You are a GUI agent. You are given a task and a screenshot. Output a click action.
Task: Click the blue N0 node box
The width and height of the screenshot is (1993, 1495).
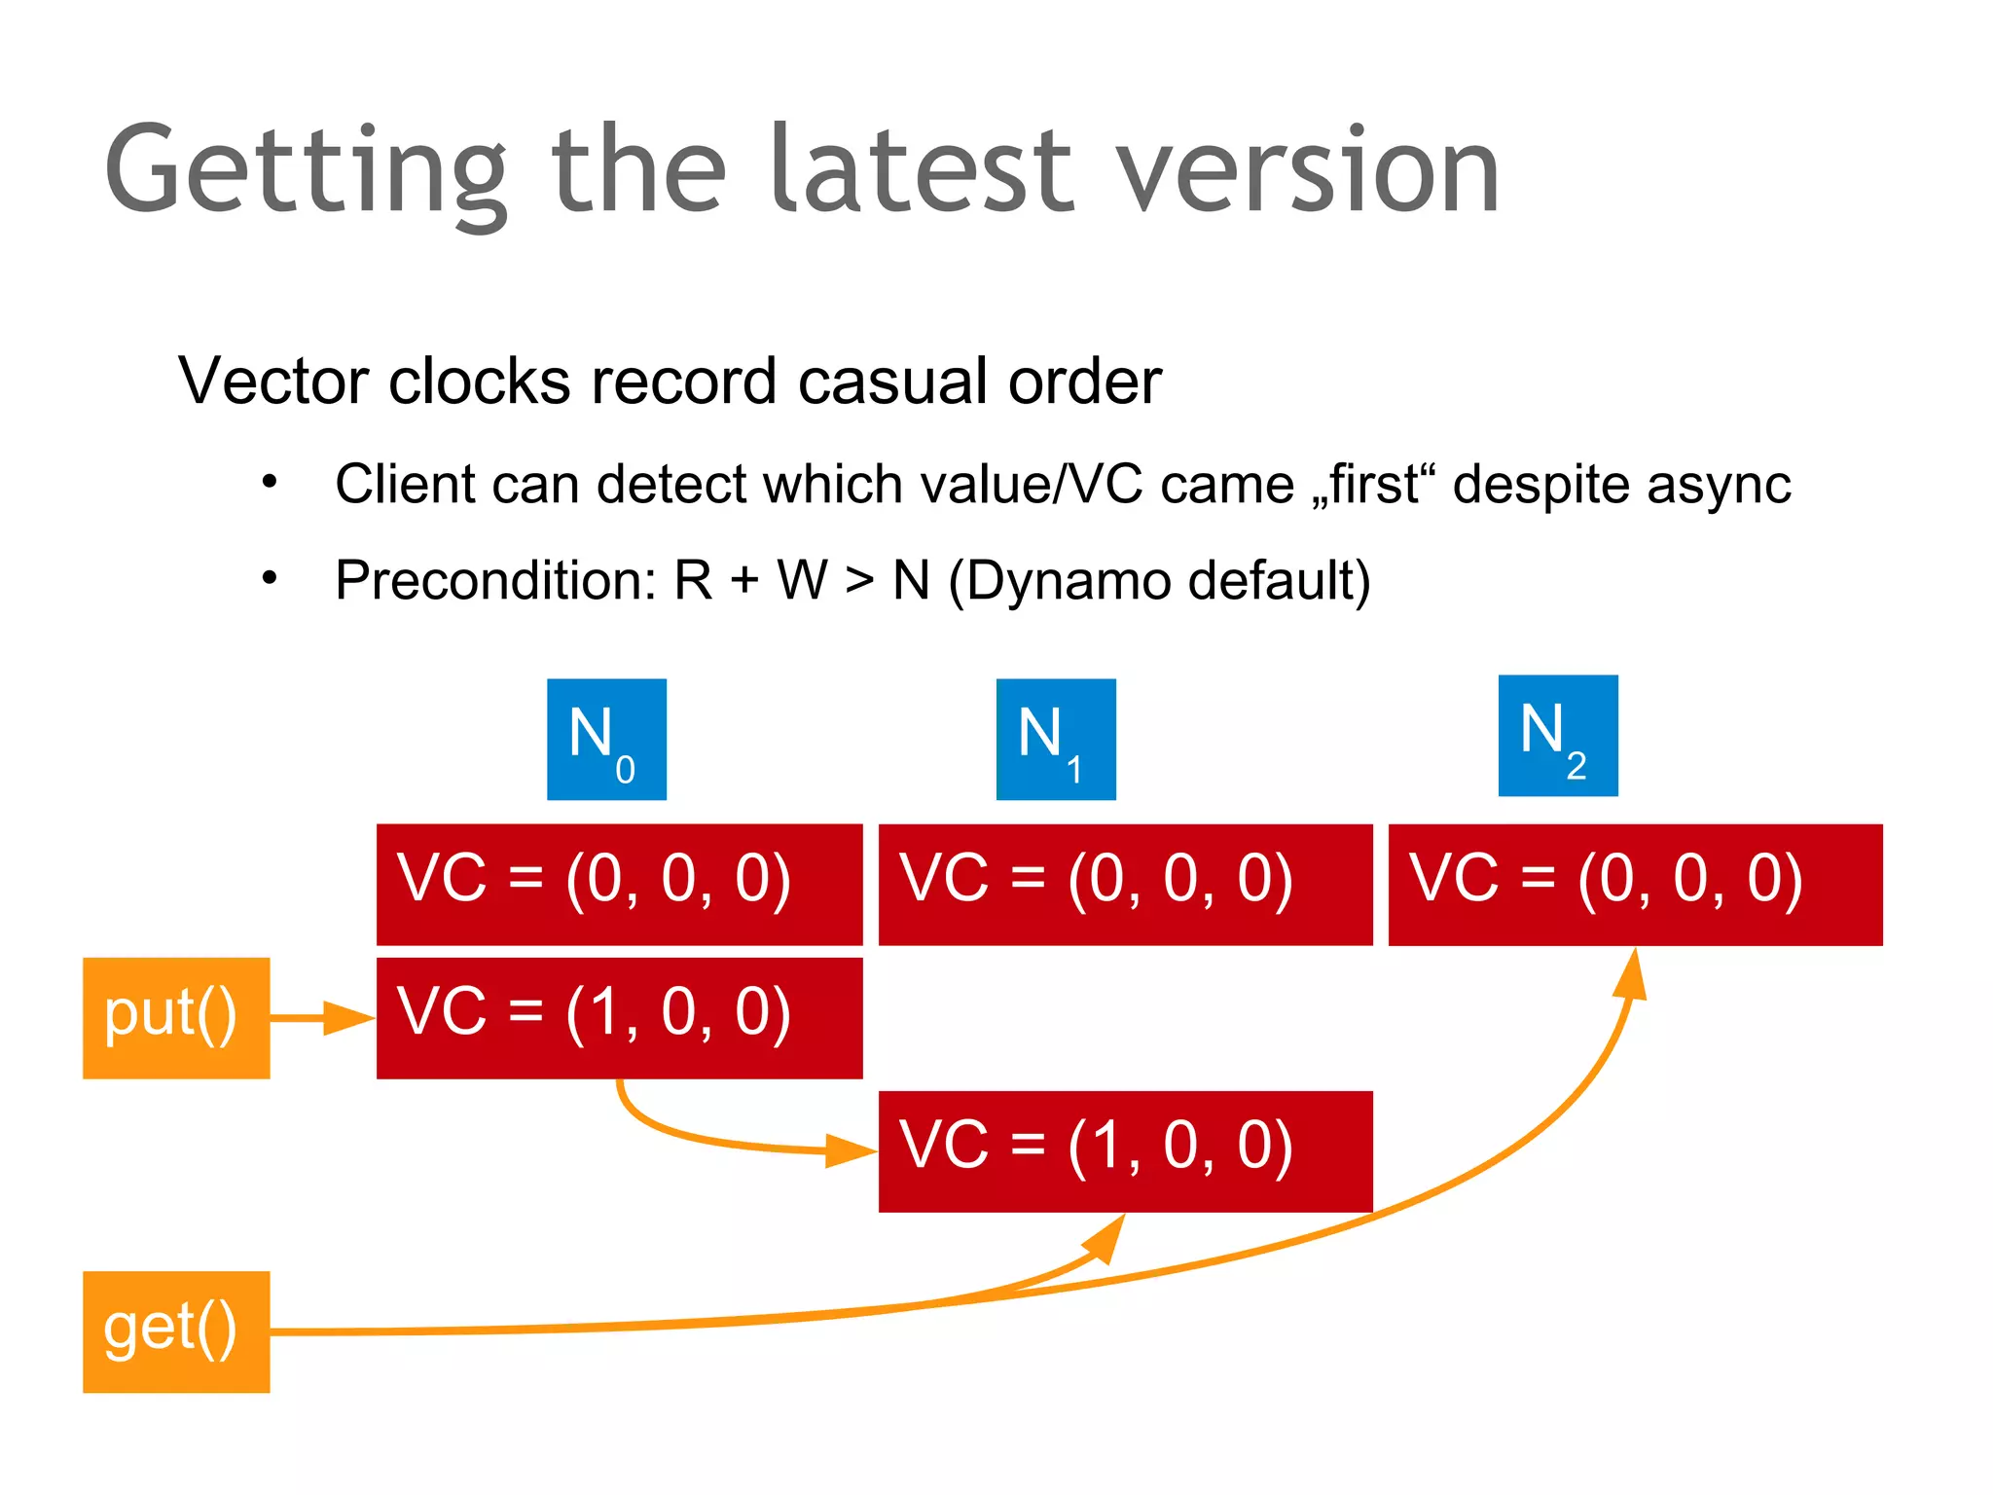click(606, 740)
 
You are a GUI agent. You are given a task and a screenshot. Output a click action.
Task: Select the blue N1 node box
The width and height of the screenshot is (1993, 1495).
click(1056, 740)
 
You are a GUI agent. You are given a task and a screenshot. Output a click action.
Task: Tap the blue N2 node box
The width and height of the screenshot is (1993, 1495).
click(1558, 736)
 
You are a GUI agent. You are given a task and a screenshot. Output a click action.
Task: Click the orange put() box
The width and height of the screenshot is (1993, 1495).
click(176, 1018)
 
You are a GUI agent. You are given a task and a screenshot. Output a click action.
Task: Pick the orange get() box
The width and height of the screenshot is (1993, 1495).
click(176, 1331)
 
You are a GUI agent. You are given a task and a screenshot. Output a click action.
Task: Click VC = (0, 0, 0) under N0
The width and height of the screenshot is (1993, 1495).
click(619, 884)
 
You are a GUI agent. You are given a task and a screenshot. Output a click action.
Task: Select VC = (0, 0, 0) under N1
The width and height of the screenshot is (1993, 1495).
click(1125, 884)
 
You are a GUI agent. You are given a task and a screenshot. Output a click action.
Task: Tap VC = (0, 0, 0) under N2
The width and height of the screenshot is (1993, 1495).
click(1635, 884)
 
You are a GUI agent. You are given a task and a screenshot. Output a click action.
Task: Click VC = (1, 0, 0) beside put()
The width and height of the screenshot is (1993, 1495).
click(619, 1018)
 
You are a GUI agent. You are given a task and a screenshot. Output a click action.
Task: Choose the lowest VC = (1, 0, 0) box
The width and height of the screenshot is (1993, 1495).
click(1125, 1151)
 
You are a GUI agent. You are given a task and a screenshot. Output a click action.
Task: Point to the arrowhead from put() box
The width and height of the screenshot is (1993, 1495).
click(350, 1018)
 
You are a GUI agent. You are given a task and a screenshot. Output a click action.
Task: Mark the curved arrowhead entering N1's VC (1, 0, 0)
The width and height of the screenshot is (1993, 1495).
click(850, 1150)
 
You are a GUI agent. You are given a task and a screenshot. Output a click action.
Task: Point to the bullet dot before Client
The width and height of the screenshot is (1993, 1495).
click(270, 482)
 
